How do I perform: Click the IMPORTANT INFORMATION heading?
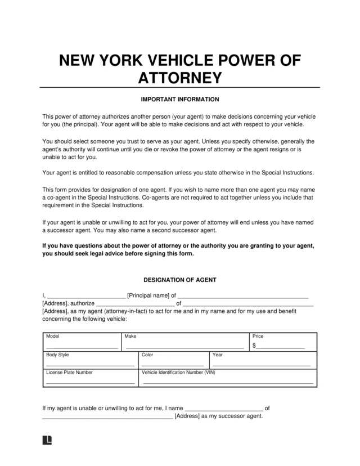point(179,100)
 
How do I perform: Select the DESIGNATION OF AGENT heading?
point(179,280)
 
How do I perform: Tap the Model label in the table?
point(53,336)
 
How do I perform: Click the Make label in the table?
point(130,336)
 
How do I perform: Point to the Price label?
point(258,336)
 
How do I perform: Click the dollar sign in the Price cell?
point(254,346)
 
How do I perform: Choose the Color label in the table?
point(147,355)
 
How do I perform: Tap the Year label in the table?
point(218,355)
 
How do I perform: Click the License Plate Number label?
point(69,372)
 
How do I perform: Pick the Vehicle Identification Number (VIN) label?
point(178,372)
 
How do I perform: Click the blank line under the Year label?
point(261,365)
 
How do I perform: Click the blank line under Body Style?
point(90,365)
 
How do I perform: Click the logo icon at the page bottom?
point(47,440)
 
